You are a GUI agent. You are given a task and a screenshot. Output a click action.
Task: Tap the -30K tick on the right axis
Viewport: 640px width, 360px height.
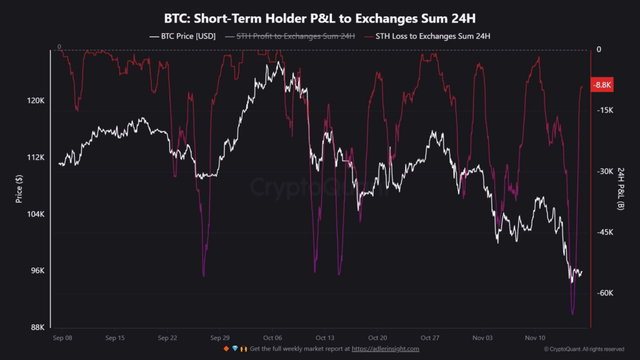click(606, 171)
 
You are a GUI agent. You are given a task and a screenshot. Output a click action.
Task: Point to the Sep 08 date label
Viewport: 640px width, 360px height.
click(62, 338)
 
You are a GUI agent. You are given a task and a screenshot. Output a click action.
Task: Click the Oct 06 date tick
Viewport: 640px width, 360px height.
click(272, 338)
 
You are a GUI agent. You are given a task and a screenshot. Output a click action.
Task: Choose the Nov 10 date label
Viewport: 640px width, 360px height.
click(535, 338)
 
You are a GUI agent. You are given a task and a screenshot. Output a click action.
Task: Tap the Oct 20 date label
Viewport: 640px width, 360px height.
click(377, 338)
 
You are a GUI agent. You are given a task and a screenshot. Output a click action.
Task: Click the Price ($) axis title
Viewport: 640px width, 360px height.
click(19, 189)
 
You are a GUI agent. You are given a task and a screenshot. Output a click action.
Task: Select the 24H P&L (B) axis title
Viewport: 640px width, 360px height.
click(621, 189)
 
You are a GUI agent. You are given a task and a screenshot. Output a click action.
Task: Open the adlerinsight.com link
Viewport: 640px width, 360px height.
click(385, 349)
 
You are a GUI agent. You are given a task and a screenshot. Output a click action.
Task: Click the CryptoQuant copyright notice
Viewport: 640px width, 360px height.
click(584, 349)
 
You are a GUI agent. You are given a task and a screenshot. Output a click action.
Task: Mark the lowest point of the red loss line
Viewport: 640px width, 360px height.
click(572, 314)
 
